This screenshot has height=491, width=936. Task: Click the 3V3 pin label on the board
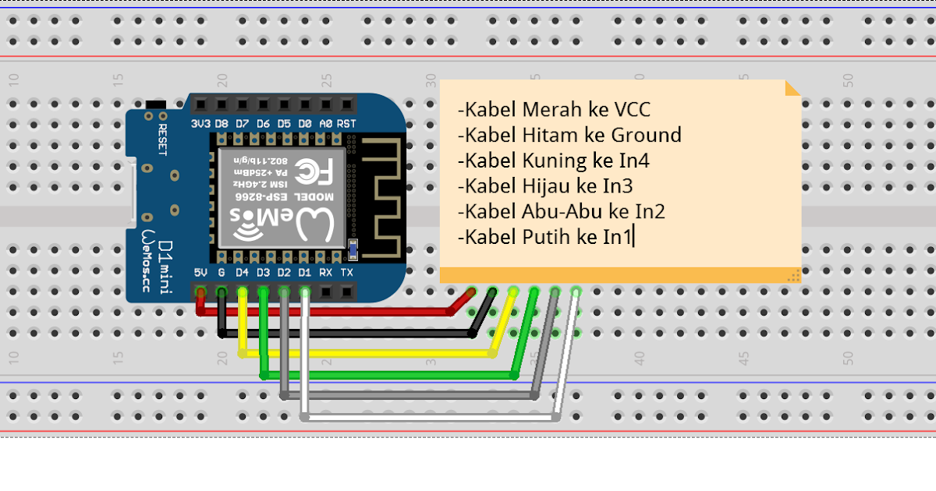(x=200, y=124)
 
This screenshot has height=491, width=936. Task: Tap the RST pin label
(x=347, y=124)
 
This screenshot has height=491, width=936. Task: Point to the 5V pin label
(x=200, y=273)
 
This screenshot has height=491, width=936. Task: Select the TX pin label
(x=347, y=273)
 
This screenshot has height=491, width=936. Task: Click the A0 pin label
(x=326, y=124)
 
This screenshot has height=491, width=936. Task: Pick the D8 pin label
(x=222, y=124)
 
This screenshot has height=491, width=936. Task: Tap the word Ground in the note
(x=646, y=135)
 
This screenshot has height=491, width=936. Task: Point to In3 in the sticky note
(x=616, y=185)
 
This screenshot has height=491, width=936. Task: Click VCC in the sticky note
(x=632, y=109)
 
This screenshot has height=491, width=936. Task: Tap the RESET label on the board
(x=163, y=140)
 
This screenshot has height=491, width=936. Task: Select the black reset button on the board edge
(x=156, y=104)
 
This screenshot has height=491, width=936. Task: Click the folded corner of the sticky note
(x=792, y=87)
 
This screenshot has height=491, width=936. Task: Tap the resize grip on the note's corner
(x=795, y=275)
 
